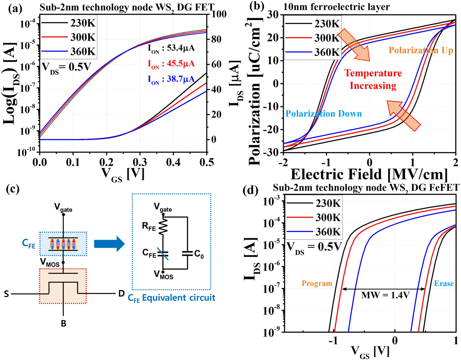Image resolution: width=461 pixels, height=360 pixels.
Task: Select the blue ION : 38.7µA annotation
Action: pyautogui.click(x=171, y=80)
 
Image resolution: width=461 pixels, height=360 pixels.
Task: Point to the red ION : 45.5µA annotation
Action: pyautogui.click(x=171, y=64)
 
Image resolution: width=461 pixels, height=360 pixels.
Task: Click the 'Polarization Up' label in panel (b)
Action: pyautogui.click(x=421, y=51)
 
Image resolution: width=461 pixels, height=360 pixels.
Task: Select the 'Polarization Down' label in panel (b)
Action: pyautogui.click(x=323, y=114)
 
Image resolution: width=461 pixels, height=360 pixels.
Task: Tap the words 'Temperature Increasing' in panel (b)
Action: pyautogui.click(x=373, y=79)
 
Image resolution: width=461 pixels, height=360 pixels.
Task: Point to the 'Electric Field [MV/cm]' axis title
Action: pyautogui.click(x=369, y=174)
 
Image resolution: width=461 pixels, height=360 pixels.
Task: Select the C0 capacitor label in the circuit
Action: pyautogui.click(x=199, y=254)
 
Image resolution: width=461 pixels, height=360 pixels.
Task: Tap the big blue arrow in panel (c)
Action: pyautogui.click(x=109, y=244)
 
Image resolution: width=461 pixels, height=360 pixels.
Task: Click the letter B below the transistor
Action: pyautogui.click(x=64, y=323)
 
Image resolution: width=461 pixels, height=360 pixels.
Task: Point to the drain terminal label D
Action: pyautogui.click(x=121, y=293)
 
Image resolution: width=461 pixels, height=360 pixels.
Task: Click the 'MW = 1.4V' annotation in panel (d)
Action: pyautogui.click(x=385, y=295)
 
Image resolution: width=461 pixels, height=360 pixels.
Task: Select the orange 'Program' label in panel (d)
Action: pyautogui.click(x=317, y=283)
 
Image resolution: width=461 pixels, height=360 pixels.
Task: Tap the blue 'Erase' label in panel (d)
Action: pyautogui.click(x=444, y=283)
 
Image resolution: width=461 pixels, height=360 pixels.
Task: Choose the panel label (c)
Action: pyautogui.click(x=13, y=189)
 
